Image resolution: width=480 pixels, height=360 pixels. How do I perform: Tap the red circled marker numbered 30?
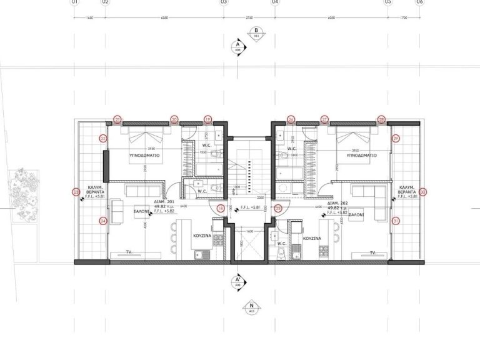pos(422,192)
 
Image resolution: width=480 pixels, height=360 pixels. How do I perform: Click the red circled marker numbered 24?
pos(103,220)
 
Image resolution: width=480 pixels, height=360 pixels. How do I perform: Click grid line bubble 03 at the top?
pos(223,3)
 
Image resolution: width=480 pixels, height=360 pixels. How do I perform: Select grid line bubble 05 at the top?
pos(387,3)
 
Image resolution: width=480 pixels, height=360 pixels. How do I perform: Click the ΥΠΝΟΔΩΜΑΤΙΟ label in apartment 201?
pos(146,152)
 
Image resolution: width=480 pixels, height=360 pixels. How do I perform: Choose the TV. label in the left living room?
pos(128,252)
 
